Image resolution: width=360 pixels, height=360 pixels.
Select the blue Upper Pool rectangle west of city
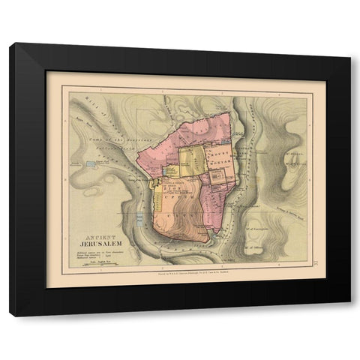[91, 163]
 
